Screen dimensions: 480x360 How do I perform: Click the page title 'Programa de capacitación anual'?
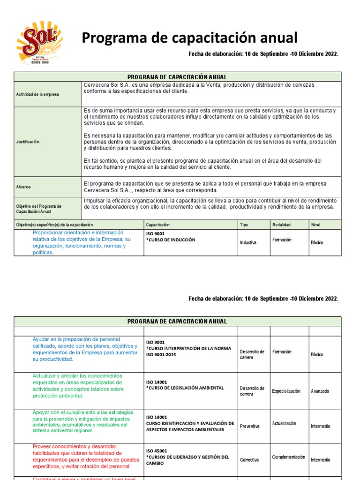[x=189, y=38]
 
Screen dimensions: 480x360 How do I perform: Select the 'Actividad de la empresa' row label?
[x=37, y=94]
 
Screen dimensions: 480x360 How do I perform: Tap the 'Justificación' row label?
[x=28, y=142]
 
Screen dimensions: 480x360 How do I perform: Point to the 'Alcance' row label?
[x=23, y=187]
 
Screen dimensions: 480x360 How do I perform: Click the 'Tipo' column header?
[x=244, y=225]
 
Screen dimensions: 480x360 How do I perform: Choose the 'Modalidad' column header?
[x=281, y=225]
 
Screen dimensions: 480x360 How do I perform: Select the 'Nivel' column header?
[x=315, y=225]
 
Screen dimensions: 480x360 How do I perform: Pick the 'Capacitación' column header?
[x=157, y=225]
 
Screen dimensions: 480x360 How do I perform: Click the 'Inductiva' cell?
[x=248, y=243]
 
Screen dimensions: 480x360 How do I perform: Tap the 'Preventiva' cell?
[x=249, y=427]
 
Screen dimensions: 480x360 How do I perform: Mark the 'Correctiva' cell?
[x=249, y=460]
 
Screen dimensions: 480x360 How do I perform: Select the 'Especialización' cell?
[x=286, y=391]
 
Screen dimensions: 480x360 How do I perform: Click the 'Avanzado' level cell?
[x=320, y=391]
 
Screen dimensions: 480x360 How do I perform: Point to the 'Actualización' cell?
[x=284, y=423]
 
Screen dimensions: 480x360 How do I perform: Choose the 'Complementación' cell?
[x=288, y=457]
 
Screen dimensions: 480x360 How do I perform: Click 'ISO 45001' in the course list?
[x=157, y=450]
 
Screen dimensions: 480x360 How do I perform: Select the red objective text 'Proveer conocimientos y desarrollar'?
[x=75, y=446]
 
